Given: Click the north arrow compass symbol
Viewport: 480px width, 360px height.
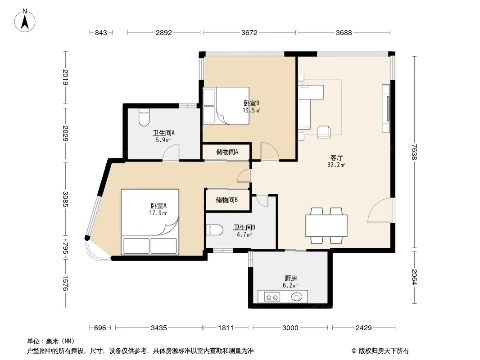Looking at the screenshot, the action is (x=25, y=21).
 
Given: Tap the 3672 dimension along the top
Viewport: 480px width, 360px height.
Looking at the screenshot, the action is (x=249, y=33).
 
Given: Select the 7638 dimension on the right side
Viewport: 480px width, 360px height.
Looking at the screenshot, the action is (x=414, y=152).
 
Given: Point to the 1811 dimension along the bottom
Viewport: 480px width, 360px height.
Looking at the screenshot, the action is (x=226, y=328).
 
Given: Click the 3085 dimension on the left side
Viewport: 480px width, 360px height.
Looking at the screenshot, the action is (x=65, y=199).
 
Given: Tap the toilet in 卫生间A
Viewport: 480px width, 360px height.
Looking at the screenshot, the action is (x=144, y=117).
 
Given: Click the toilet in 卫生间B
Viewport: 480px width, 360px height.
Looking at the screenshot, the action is (x=215, y=230).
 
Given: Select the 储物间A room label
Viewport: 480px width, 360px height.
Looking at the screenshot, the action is (x=227, y=152).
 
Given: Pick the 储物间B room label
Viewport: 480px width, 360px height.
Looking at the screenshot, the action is (x=226, y=200).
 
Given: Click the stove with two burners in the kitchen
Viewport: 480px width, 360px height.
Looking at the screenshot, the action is (x=272, y=297).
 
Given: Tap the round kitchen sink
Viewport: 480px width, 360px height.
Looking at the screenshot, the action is (x=297, y=297).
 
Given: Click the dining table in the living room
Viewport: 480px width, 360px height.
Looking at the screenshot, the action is (x=326, y=226).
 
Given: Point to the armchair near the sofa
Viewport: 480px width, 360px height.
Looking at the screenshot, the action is (x=324, y=132).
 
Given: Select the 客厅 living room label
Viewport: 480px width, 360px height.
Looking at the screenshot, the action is (x=336, y=158).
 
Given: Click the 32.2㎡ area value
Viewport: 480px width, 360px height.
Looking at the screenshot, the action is (x=336, y=165).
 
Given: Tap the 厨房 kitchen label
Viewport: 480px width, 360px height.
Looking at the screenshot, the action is (x=290, y=279).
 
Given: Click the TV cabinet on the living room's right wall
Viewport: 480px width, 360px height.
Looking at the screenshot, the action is (x=386, y=108).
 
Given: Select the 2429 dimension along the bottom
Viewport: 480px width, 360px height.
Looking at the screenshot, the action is (x=364, y=328).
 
